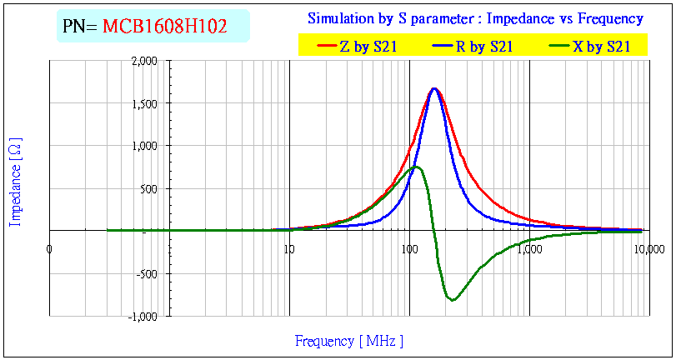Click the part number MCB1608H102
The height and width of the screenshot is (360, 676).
165,27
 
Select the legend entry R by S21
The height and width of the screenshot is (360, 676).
484,47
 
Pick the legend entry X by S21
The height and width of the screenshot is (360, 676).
601,47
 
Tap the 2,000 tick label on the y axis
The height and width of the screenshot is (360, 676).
143,61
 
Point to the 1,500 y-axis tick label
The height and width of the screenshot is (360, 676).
143,103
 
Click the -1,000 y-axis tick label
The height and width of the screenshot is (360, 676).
143,316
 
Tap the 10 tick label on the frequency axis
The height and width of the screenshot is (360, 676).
288,248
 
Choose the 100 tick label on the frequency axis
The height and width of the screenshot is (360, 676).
408,248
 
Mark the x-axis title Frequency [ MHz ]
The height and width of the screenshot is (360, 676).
349,340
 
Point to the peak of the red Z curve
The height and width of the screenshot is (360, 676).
434,88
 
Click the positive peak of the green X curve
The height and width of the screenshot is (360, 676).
418,167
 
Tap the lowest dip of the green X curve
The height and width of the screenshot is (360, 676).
453,300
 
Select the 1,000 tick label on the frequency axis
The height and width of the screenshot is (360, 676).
529,248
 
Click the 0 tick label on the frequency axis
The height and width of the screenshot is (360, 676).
49,248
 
